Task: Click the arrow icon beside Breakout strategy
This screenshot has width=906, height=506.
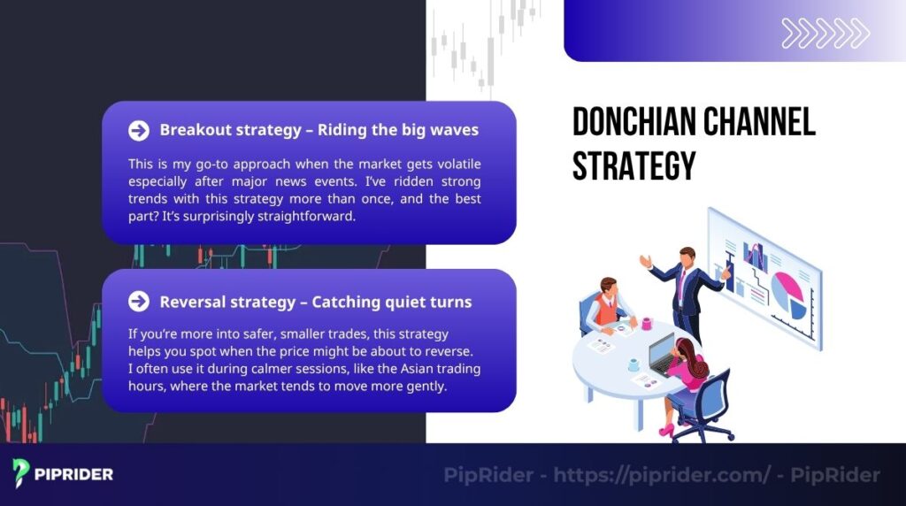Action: [138, 131]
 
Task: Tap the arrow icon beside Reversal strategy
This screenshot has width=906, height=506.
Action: [138, 302]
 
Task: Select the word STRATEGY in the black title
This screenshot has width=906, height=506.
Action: [633, 165]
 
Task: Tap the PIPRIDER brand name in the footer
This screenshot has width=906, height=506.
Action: [73, 474]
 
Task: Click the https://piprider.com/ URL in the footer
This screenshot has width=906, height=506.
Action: [662, 475]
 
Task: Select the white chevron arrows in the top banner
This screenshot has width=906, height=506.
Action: [825, 34]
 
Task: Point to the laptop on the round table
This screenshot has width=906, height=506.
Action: [663, 355]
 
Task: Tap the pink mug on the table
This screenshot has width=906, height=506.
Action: [647, 324]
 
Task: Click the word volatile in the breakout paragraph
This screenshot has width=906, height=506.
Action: [452, 165]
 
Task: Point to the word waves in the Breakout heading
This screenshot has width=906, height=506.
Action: [454, 130]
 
